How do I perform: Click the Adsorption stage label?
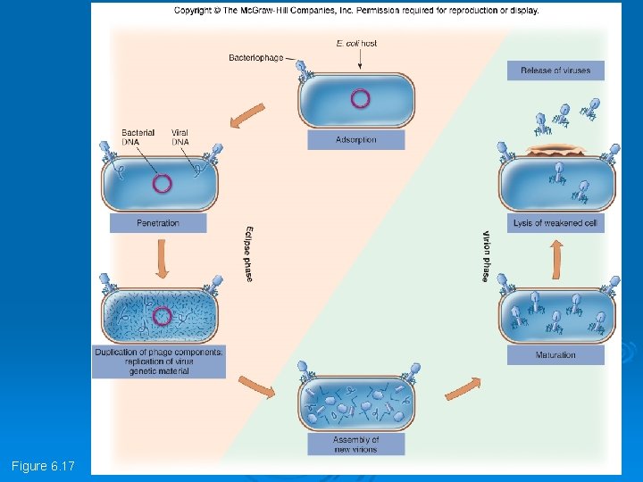coord(356,139)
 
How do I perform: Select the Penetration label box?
coord(158,223)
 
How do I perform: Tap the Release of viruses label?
coord(555,71)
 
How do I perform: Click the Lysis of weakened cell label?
coord(555,223)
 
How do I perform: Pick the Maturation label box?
coord(555,355)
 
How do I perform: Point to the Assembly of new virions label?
coord(356,444)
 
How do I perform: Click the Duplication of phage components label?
coord(159,361)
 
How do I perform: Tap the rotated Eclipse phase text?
coord(248,253)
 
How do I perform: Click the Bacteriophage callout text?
coord(255,58)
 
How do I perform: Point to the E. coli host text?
coord(356,43)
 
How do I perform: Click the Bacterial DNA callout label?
coord(138,137)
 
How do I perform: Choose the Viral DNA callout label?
coord(180,137)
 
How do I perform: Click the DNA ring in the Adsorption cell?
coord(360,98)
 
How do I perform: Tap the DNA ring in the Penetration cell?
coord(162,184)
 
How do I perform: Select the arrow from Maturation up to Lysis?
coord(555,261)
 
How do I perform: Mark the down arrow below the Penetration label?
coord(162,259)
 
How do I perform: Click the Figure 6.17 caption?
coord(43,467)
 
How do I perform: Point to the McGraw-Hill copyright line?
coord(356,11)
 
